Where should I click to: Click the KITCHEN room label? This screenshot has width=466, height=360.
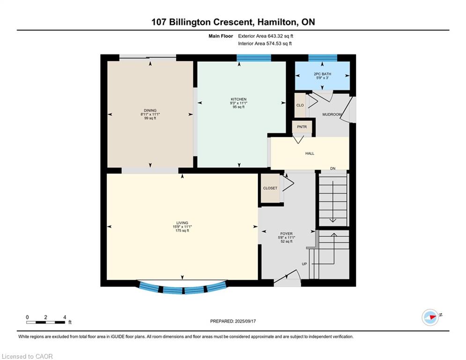(x=238, y=99)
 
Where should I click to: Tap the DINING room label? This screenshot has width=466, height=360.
(x=150, y=111)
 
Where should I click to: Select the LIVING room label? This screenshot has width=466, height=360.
(x=182, y=223)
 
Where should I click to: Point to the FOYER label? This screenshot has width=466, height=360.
(x=286, y=233)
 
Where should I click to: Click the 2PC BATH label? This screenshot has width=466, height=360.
(x=322, y=74)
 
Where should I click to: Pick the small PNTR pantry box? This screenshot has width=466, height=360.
(x=299, y=127)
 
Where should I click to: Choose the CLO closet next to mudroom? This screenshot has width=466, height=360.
(x=300, y=105)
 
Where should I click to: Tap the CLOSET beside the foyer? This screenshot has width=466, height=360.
(x=270, y=188)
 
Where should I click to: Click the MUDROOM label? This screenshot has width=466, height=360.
(x=332, y=115)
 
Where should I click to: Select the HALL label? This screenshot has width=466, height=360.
(x=310, y=153)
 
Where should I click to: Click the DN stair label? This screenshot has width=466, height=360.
(x=333, y=168)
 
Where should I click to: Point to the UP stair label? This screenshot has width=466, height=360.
(x=304, y=264)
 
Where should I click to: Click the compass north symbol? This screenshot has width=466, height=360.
(x=429, y=317)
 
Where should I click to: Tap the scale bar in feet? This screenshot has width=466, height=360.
(x=46, y=322)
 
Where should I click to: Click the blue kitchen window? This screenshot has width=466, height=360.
(x=253, y=58)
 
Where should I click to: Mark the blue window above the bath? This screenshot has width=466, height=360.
(x=322, y=58)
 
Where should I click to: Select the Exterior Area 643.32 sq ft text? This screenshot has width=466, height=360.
(x=266, y=36)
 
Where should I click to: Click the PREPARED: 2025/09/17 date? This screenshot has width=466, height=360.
(x=233, y=321)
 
